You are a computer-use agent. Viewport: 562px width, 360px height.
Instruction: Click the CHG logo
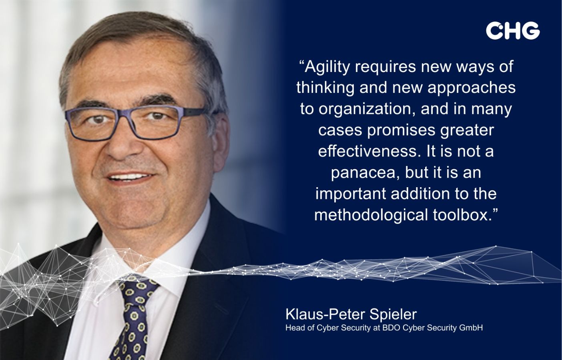(513, 30)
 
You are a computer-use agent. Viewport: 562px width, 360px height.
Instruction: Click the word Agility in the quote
(327, 68)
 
